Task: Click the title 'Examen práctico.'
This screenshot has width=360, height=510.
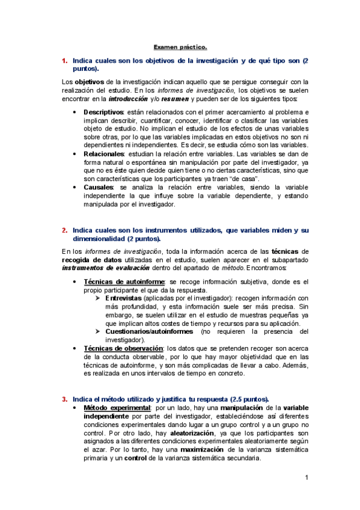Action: click(x=180, y=46)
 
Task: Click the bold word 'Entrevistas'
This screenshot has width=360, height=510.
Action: click(x=123, y=298)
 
